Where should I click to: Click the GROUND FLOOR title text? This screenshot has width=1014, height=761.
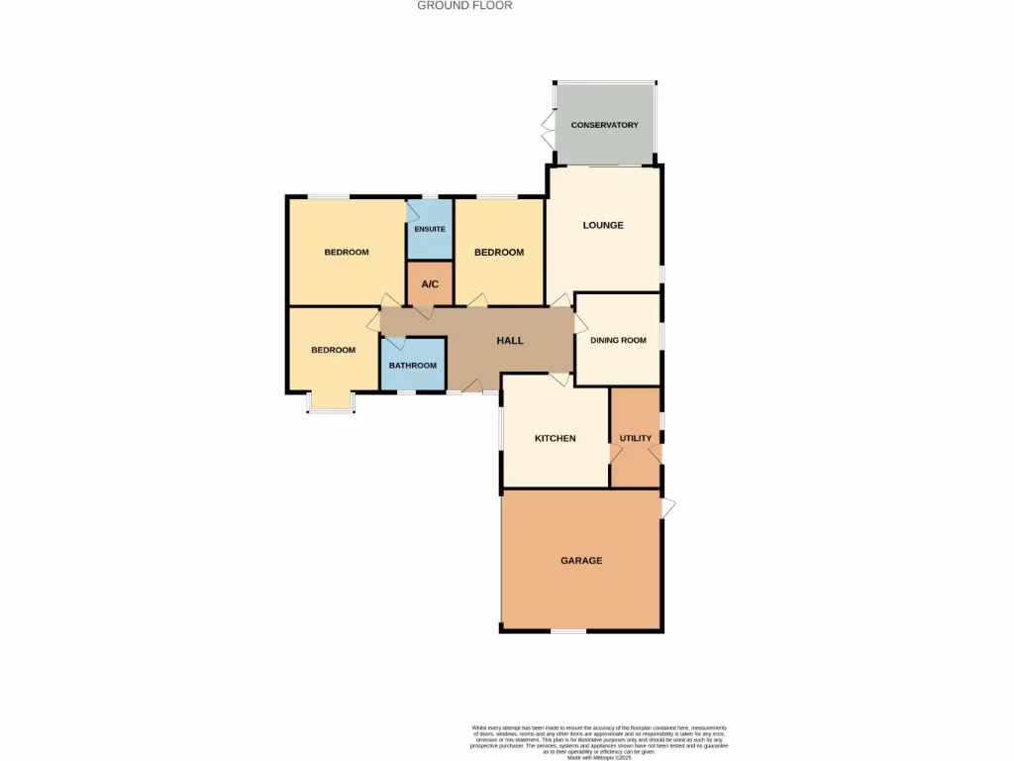[464, 5]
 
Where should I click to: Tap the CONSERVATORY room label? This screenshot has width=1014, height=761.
[604, 125]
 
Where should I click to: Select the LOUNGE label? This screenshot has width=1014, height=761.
[603, 225]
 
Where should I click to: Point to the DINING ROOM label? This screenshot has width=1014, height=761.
[618, 340]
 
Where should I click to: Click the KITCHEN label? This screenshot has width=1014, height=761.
[555, 438]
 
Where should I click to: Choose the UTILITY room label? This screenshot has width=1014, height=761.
[635, 438]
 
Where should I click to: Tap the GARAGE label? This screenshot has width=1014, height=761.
[581, 561]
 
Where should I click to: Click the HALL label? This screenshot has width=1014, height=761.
[510, 341]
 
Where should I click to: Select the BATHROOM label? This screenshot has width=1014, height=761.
[412, 366]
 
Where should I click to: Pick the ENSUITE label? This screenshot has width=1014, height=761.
[430, 229]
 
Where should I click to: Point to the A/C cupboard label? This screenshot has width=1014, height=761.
[430, 284]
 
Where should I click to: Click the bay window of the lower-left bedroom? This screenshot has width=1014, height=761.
[330, 403]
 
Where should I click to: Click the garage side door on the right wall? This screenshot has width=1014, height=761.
[668, 507]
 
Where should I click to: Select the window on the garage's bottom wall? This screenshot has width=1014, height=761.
[567, 630]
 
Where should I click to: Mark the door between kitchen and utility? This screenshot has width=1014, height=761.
[615, 452]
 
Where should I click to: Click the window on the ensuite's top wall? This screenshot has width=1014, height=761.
[430, 197]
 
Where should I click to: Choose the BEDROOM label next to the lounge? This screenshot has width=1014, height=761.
[498, 253]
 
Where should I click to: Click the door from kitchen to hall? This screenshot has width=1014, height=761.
[559, 379]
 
